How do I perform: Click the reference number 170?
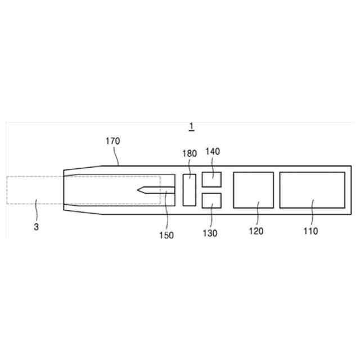click(x=112, y=141)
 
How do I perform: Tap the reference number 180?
click(x=190, y=154)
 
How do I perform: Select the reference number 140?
click(x=213, y=151)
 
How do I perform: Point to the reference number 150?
click(x=166, y=235)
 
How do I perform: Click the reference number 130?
click(x=210, y=233)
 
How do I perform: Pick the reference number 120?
click(x=256, y=231)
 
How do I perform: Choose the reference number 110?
click(x=310, y=231)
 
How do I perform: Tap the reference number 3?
click(x=36, y=227)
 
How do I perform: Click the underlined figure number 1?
click(x=191, y=127)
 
